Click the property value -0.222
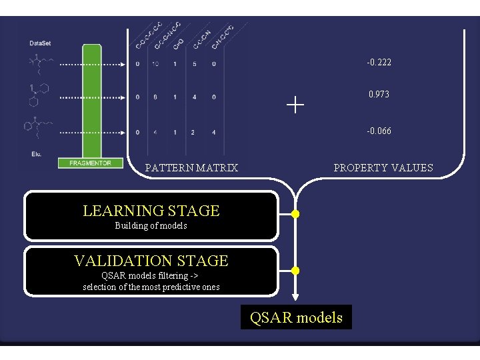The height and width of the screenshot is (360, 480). point(379,63)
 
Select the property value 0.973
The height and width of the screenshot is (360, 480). point(379,95)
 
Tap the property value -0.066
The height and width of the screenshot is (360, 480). point(379,131)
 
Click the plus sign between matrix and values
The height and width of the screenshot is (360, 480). point(295,104)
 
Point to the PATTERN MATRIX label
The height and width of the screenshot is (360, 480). point(191,168)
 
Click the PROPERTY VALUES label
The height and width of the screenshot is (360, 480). point(383,168)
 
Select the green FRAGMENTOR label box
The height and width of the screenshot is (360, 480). point(90,163)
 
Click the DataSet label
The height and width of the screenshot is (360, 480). point(40,43)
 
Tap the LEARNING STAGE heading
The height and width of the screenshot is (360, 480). point(151,211)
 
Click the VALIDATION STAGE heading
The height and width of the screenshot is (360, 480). point(151,261)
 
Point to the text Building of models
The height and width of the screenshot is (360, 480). point(151,226)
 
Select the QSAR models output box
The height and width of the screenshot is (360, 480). point(296,317)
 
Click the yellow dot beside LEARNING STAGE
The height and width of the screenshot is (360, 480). point(296,215)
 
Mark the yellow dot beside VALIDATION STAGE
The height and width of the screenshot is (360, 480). point(296,271)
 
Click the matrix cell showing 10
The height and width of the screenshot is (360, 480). point(155,65)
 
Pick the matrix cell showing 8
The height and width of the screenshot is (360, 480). point(155,97)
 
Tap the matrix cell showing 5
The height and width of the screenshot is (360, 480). point(194,65)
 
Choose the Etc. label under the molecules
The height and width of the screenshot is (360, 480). point(36,154)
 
